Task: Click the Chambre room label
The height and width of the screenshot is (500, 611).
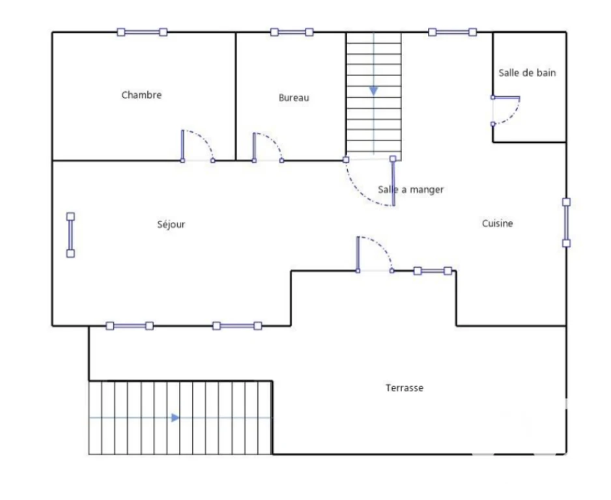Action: tap(141, 94)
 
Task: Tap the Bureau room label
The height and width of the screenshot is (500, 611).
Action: tap(294, 98)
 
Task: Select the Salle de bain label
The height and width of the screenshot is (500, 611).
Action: tap(527, 72)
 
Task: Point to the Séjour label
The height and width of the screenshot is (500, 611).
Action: tap(171, 225)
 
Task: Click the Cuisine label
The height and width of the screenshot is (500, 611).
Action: tap(497, 223)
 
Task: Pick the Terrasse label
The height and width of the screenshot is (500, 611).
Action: tap(405, 388)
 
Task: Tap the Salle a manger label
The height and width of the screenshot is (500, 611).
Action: tap(411, 189)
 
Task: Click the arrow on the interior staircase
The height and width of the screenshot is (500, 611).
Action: tap(374, 91)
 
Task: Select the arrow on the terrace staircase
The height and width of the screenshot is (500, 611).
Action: tap(175, 418)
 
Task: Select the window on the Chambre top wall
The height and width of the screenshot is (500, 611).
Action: tap(142, 32)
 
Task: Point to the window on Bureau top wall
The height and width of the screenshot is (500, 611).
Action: tap(292, 32)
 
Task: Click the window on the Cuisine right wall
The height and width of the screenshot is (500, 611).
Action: tap(567, 223)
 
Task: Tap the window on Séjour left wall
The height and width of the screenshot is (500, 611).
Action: tap(70, 235)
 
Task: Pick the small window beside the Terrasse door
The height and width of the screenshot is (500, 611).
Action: tap(433, 271)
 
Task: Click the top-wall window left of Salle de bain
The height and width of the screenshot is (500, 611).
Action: tap(453, 32)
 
